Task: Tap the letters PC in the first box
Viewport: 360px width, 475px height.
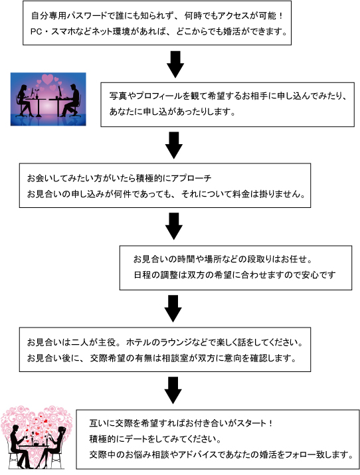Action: coord(36,31)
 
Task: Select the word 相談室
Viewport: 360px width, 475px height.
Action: coord(175,358)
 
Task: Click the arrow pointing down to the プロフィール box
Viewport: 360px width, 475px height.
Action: coord(175,64)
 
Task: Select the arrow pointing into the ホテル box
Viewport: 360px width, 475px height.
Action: coord(173,309)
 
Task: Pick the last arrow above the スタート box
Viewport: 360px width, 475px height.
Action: coord(173,390)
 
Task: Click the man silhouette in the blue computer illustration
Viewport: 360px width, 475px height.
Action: coord(70,100)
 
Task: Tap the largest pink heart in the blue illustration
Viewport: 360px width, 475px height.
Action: coord(48,79)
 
